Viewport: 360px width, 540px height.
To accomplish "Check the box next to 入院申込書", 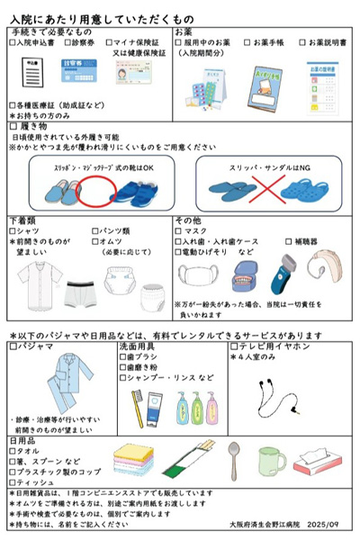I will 12,42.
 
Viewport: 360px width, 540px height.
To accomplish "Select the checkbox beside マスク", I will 179,229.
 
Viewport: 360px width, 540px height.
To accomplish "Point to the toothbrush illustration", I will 138,400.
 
